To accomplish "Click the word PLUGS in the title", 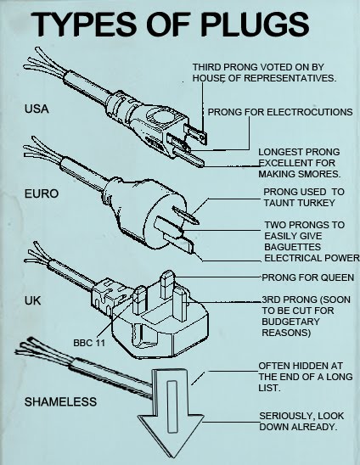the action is (255, 25).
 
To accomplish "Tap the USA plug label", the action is (37, 109).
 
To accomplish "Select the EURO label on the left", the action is (42, 193).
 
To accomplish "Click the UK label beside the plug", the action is (32, 300).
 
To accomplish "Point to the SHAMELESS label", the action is (60, 402).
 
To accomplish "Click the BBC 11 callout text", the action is (89, 343).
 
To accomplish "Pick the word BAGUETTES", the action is (293, 247).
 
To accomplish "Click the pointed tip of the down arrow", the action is (172, 457).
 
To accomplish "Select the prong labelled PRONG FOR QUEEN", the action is (167, 285).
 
